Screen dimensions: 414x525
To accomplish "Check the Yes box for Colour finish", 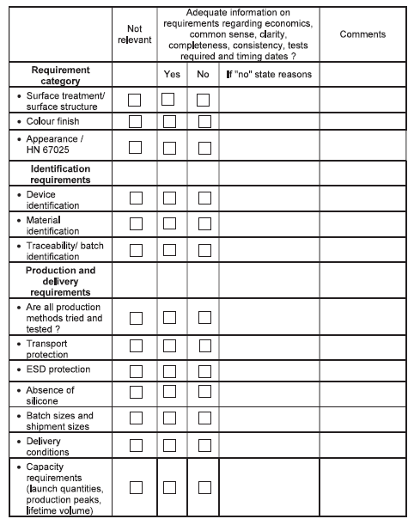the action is tap(169, 121).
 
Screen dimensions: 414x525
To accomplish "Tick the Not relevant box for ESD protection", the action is tap(135, 371).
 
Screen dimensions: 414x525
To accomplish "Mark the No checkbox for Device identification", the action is tap(204, 198).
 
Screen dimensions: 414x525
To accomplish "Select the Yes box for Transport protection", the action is tap(169, 345).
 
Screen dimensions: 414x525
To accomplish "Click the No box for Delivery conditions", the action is tap(204, 444).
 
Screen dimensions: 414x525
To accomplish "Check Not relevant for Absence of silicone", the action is tap(135, 393).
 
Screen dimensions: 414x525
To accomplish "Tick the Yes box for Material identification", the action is tap(169, 225).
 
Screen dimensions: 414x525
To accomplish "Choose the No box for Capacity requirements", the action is tap(204, 487).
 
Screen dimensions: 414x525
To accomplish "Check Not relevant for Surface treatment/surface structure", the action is tap(135, 100).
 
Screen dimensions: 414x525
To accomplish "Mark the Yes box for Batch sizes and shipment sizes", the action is tap(169, 418).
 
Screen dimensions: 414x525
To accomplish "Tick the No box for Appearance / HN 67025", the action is tap(204, 147).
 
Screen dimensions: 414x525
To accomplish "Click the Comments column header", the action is tap(362, 34).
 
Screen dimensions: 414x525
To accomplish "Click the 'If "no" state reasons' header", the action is tap(268, 75).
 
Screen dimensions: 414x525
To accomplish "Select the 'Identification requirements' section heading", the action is tap(61, 174).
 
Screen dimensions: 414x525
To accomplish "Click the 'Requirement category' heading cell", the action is tap(61, 75).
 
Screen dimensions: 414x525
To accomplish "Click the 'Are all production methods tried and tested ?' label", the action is tap(64, 318).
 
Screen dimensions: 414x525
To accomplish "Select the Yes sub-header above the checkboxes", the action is tap(172, 75).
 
